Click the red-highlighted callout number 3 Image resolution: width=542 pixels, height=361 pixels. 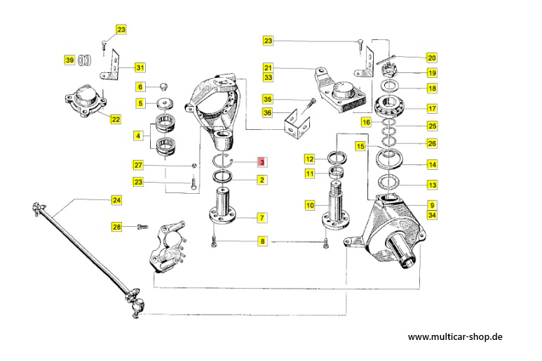click(262, 162)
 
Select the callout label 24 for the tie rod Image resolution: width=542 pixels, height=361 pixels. click(116, 199)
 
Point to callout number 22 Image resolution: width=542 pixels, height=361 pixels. click(115, 119)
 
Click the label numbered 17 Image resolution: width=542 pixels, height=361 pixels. click(432, 108)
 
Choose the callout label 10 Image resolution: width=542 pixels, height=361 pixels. click(309, 205)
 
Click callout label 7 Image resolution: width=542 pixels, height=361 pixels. click(261, 218)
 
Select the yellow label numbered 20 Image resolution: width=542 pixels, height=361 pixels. click(431, 57)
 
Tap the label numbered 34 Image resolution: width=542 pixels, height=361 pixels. click(432, 215)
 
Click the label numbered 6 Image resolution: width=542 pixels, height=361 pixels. click(140, 86)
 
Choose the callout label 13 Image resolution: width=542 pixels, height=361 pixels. click(432, 185)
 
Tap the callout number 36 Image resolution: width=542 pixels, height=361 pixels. click(267, 112)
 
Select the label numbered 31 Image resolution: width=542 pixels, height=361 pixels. click(140, 67)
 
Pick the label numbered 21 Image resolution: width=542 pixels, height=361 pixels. click(267, 67)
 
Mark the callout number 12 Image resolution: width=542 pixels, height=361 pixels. click(309, 159)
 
